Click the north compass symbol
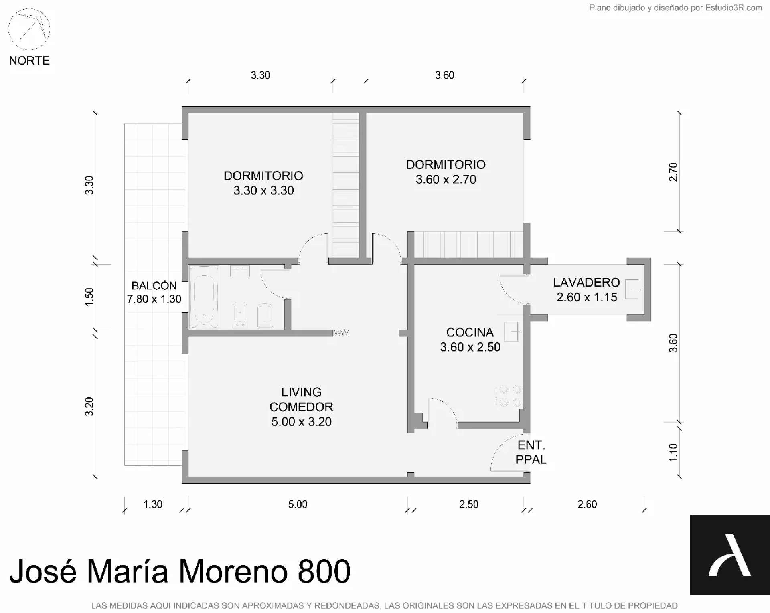tap(29, 29)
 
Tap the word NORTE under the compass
tap(29, 61)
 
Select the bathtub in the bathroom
tap(204, 297)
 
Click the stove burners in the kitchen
tap(509, 397)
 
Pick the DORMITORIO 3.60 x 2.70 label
tap(446, 172)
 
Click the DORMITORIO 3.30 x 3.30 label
tap(263, 183)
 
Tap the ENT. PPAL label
tap(531, 452)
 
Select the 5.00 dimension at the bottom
tap(298, 504)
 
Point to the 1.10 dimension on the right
tap(673, 452)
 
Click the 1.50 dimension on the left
tap(89, 297)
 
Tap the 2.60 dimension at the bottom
tap(587, 504)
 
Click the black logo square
tap(730, 554)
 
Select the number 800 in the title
tap(324, 571)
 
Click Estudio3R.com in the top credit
tap(734, 8)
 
